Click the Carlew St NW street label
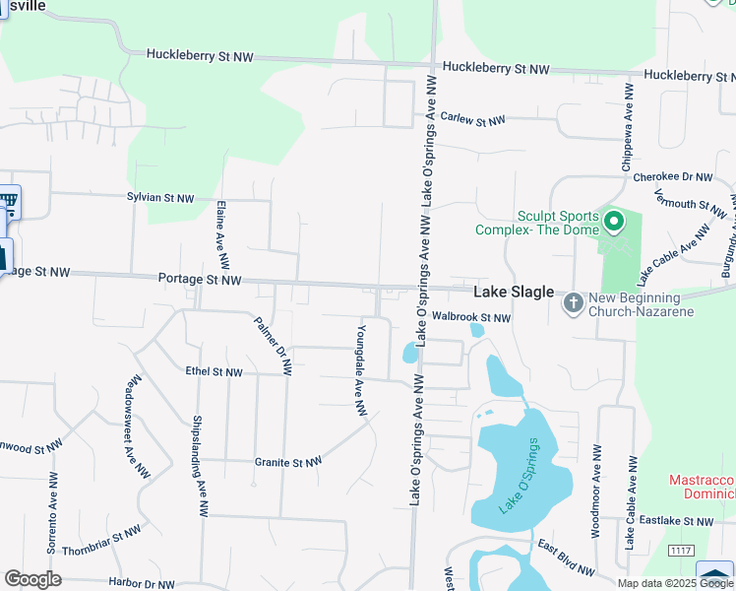pyautogui.click(x=472, y=120)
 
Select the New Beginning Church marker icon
pyautogui.click(x=573, y=303)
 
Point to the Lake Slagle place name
pyautogui.click(x=514, y=293)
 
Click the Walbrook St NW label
pyautogui.click(x=472, y=318)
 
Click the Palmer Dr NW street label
pyautogui.click(x=273, y=346)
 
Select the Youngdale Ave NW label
pyautogui.click(x=362, y=369)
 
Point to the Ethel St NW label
pyautogui.click(x=214, y=372)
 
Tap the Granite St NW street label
pyautogui.click(x=288, y=462)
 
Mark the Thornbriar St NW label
pyautogui.click(x=101, y=540)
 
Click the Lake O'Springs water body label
pyautogui.click(x=519, y=475)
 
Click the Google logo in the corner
pyautogui.click(x=32, y=579)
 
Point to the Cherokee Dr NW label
pyautogui.click(x=673, y=177)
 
